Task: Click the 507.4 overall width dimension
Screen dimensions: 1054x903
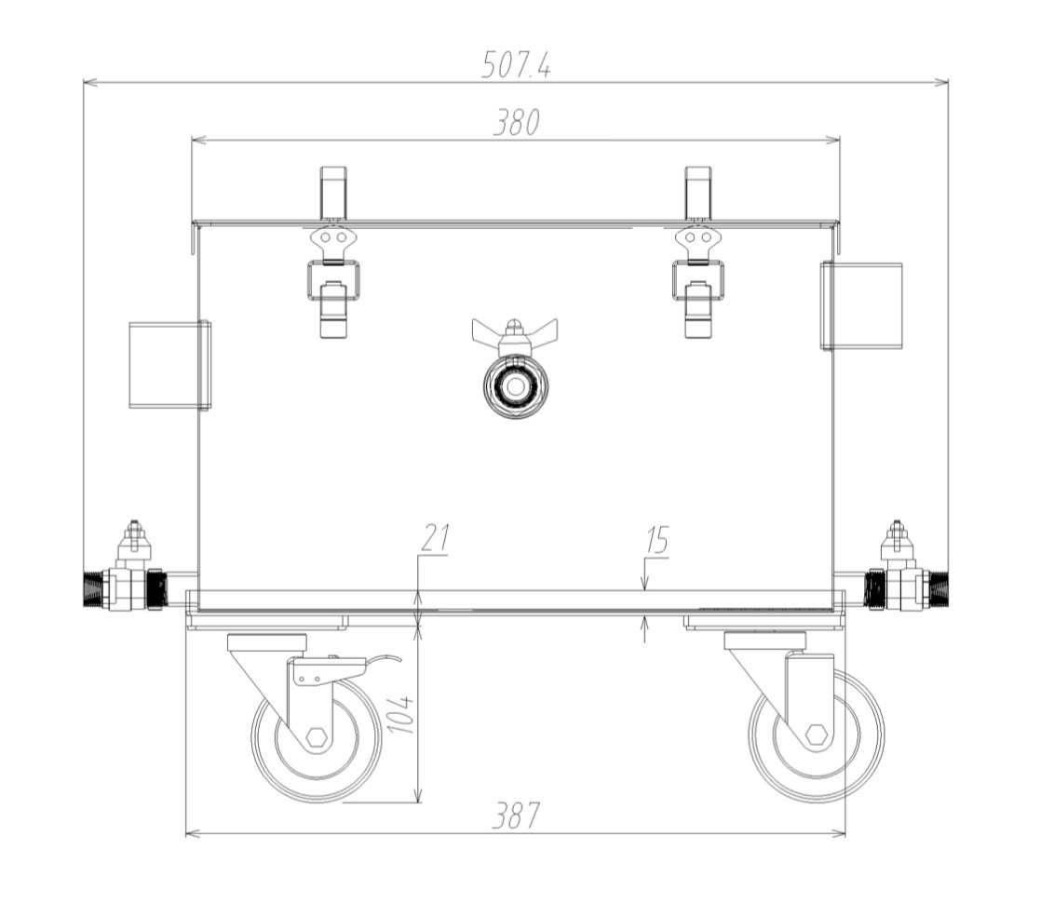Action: tap(516, 65)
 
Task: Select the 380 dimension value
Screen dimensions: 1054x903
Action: tap(516, 122)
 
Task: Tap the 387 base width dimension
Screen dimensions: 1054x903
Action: tap(516, 816)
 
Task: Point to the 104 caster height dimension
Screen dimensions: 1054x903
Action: tap(400, 713)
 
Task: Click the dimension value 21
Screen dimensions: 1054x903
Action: tap(434, 537)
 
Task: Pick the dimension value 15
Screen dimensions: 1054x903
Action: tap(656, 540)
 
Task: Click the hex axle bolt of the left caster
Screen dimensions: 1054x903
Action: tap(316, 737)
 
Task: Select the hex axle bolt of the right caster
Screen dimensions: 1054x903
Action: tap(816, 735)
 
